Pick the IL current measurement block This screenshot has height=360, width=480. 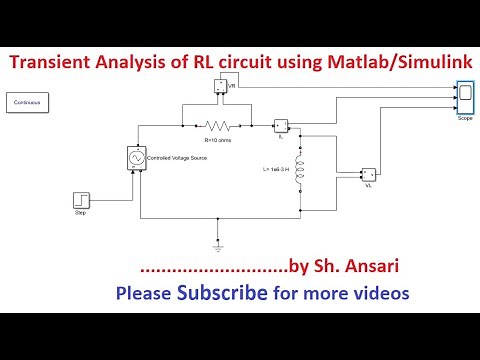(281, 126)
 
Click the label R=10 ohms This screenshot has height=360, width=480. (218, 141)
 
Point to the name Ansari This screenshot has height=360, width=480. (353, 267)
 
